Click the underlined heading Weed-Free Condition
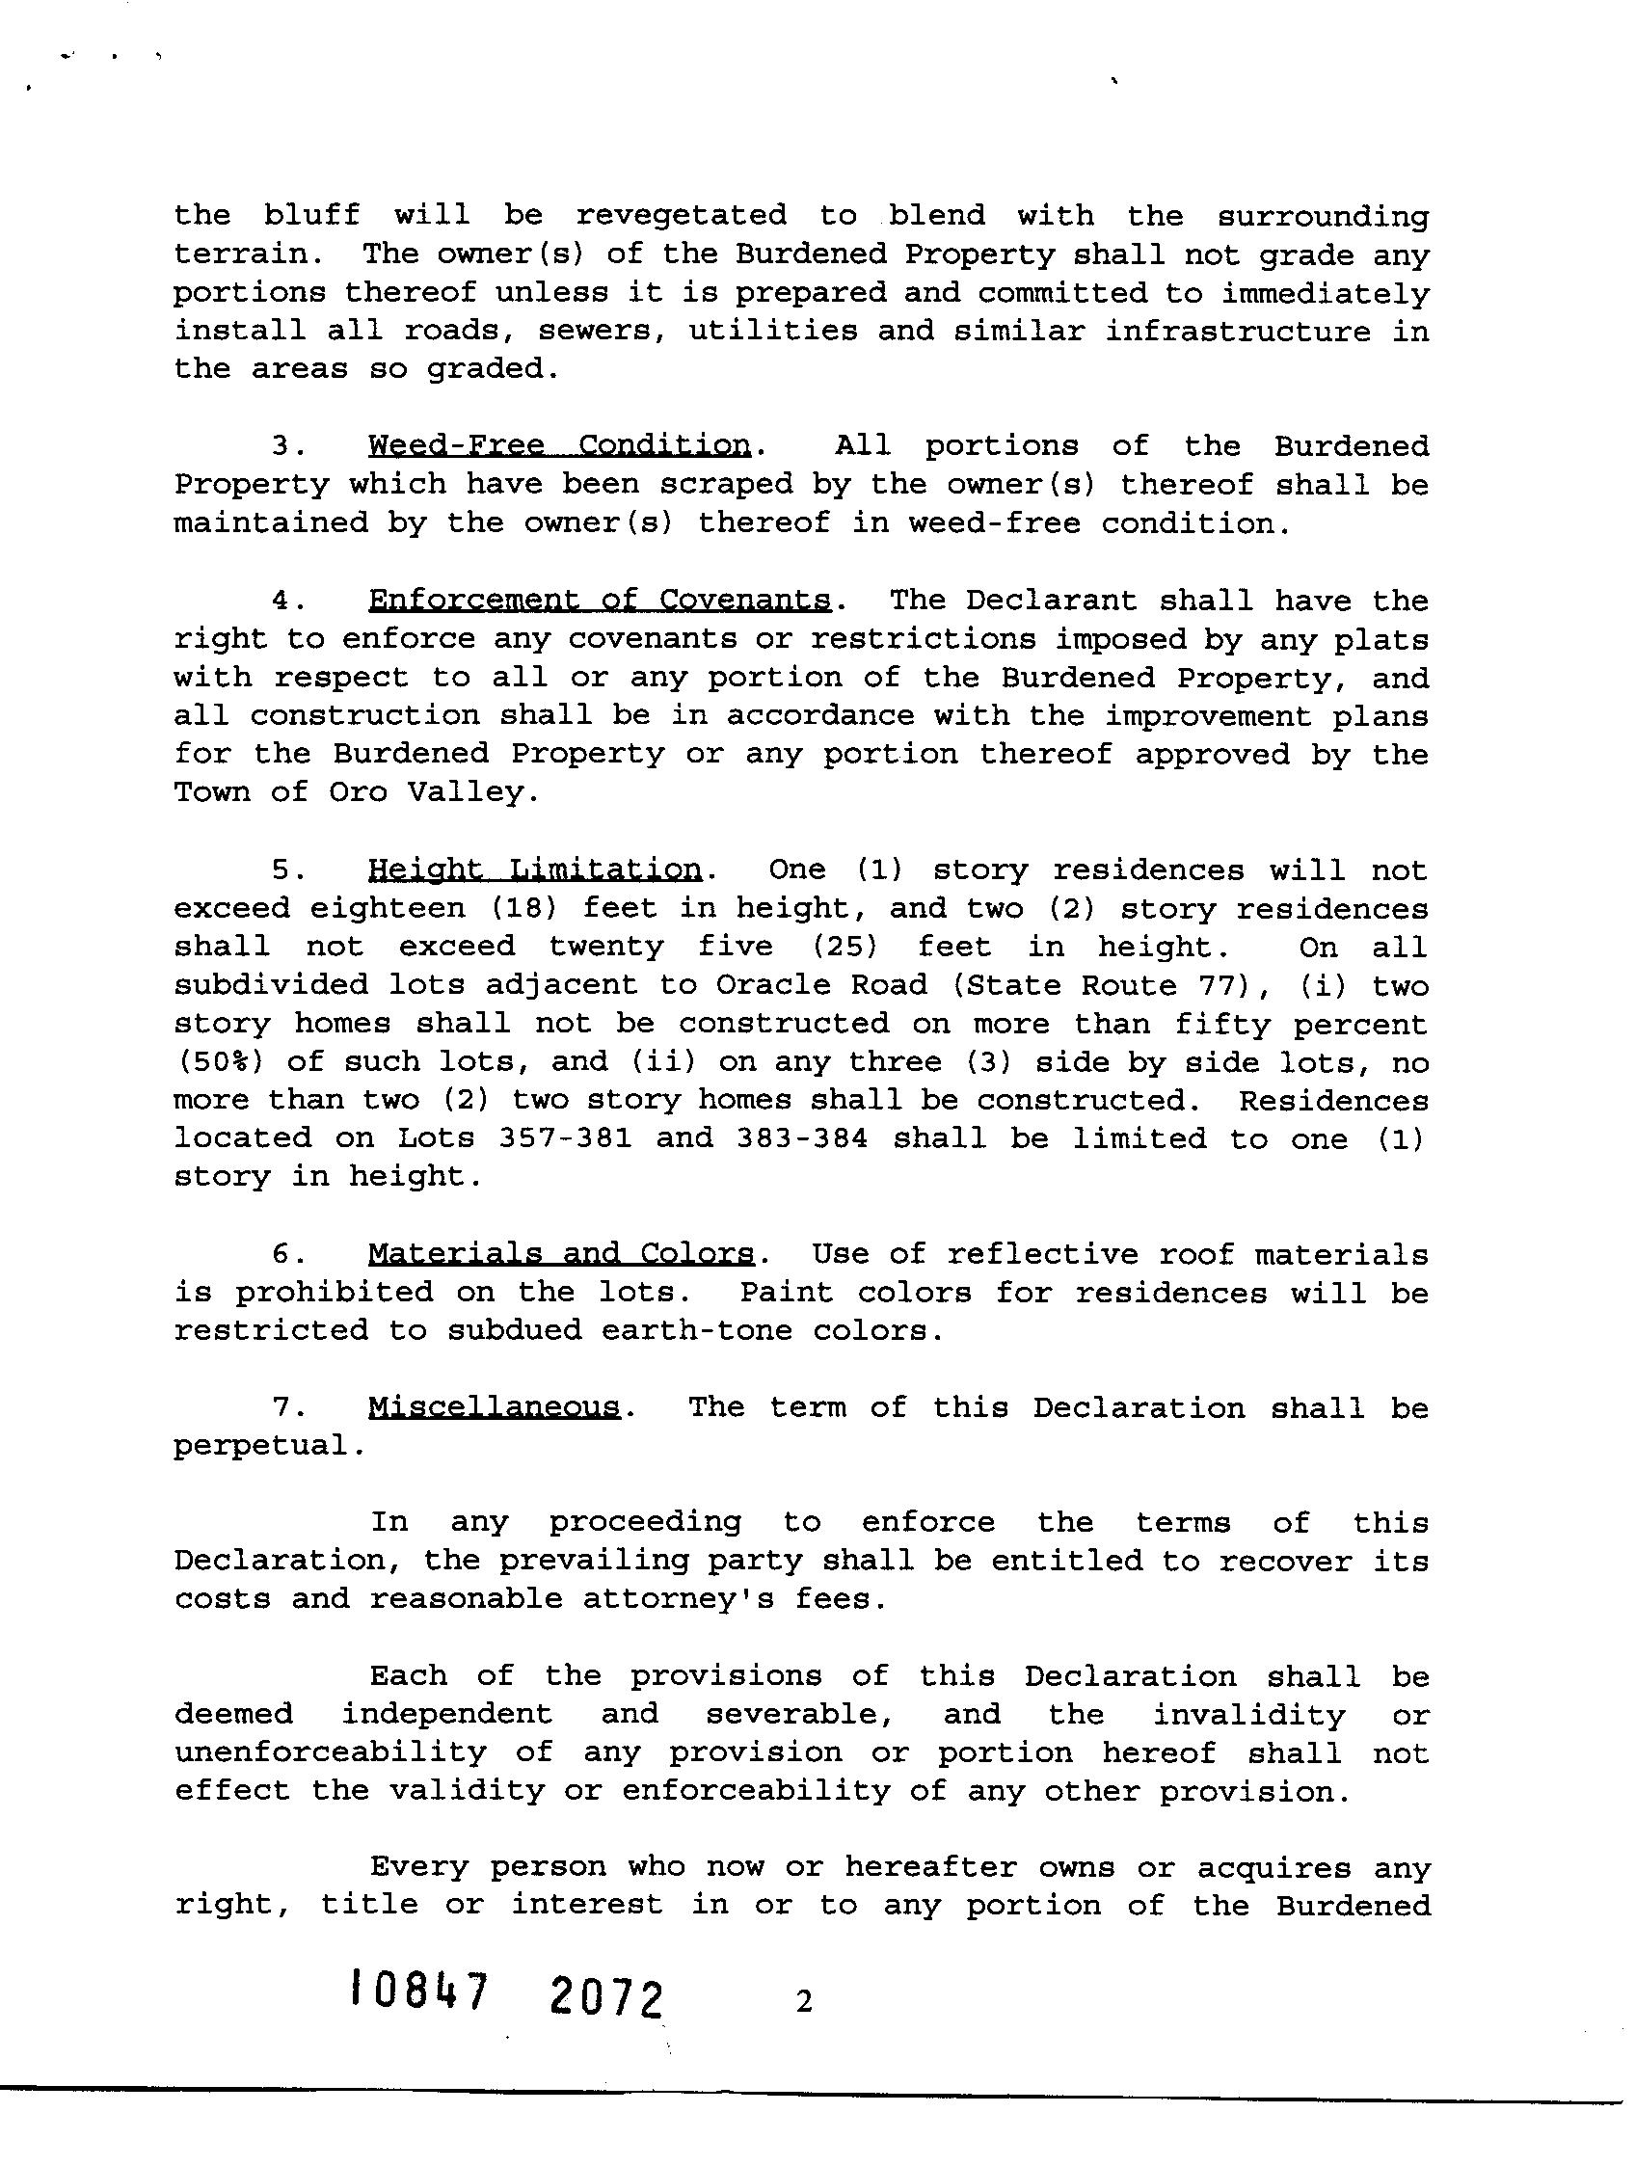pos(559,446)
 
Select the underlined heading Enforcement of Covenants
pos(600,601)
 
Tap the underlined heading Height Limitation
pos(535,869)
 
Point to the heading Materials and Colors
pos(561,1254)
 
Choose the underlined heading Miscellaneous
pos(495,1408)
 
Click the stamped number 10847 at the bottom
pos(418,1992)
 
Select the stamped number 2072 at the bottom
pos(607,1997)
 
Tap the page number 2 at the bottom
pos(804,2002)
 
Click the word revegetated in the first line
pos(681,215)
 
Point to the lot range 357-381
pos(565,1138)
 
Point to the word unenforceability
pos(330,1752)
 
